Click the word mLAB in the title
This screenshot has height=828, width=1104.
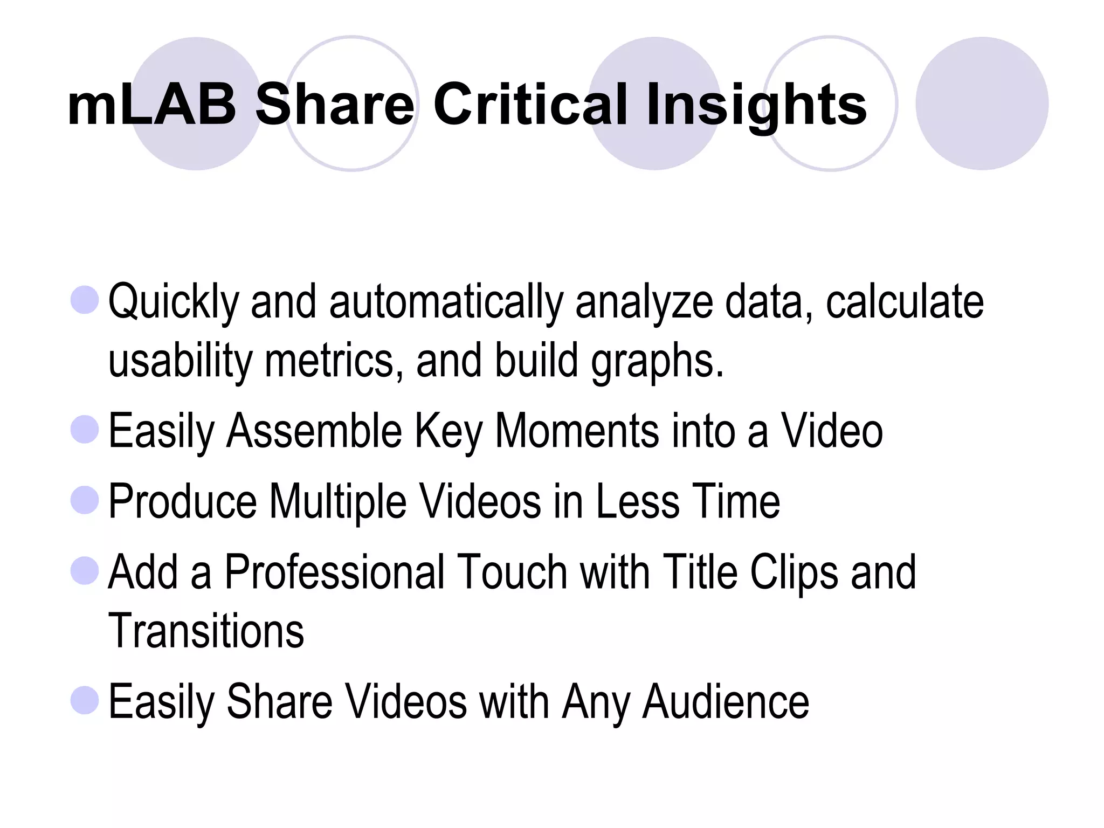click(151, 105)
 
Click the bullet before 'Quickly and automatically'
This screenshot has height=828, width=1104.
click(85, 300)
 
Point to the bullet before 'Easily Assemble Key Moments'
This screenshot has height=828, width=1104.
click(85, 430)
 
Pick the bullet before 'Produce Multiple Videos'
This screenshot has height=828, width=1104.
click(85, 500)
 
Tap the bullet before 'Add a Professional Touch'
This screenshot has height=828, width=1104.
click(85, 570)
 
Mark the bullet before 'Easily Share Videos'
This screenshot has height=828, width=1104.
click(85, 700)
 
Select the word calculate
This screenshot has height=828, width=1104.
click(905, 302)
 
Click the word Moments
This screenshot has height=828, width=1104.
click(576, 431)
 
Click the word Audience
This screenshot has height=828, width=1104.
click(726, 701)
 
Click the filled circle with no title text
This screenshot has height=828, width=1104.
click(982, 103)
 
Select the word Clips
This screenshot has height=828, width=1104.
click(794, 573)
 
